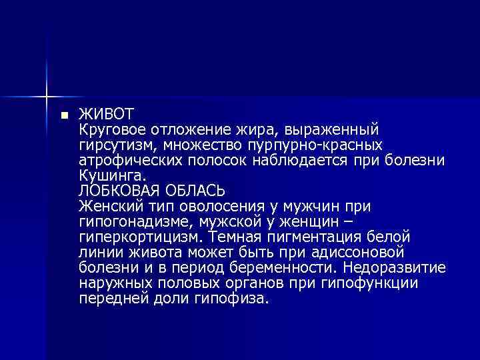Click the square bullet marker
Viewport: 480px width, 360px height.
(x=64, y=115)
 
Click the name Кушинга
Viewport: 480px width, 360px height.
(x=110, y=176)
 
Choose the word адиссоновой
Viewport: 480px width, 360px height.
(x=367, y=252)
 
